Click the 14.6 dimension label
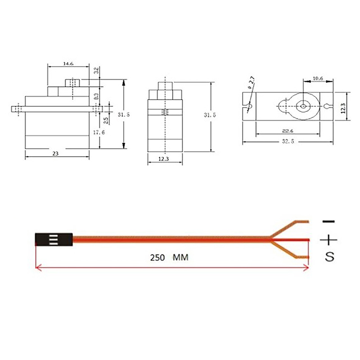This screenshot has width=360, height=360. coord(68,63)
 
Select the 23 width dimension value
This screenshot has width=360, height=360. coord(55,153)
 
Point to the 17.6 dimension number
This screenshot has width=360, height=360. coord(99,132)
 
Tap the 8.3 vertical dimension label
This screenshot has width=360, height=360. coord(97,96)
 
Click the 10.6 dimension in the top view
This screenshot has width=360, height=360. coord(318,78)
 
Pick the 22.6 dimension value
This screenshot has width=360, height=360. coord(288,131)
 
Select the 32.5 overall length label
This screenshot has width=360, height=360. coord(288,141)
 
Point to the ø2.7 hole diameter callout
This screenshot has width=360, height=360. coord(251,82)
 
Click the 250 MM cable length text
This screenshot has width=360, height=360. coord(169,257)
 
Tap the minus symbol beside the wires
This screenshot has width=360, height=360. coord(328,221)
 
